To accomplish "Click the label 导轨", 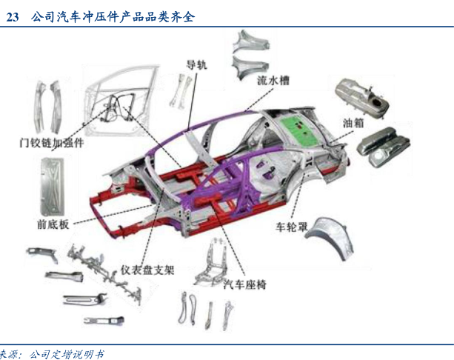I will click(197, 64).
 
